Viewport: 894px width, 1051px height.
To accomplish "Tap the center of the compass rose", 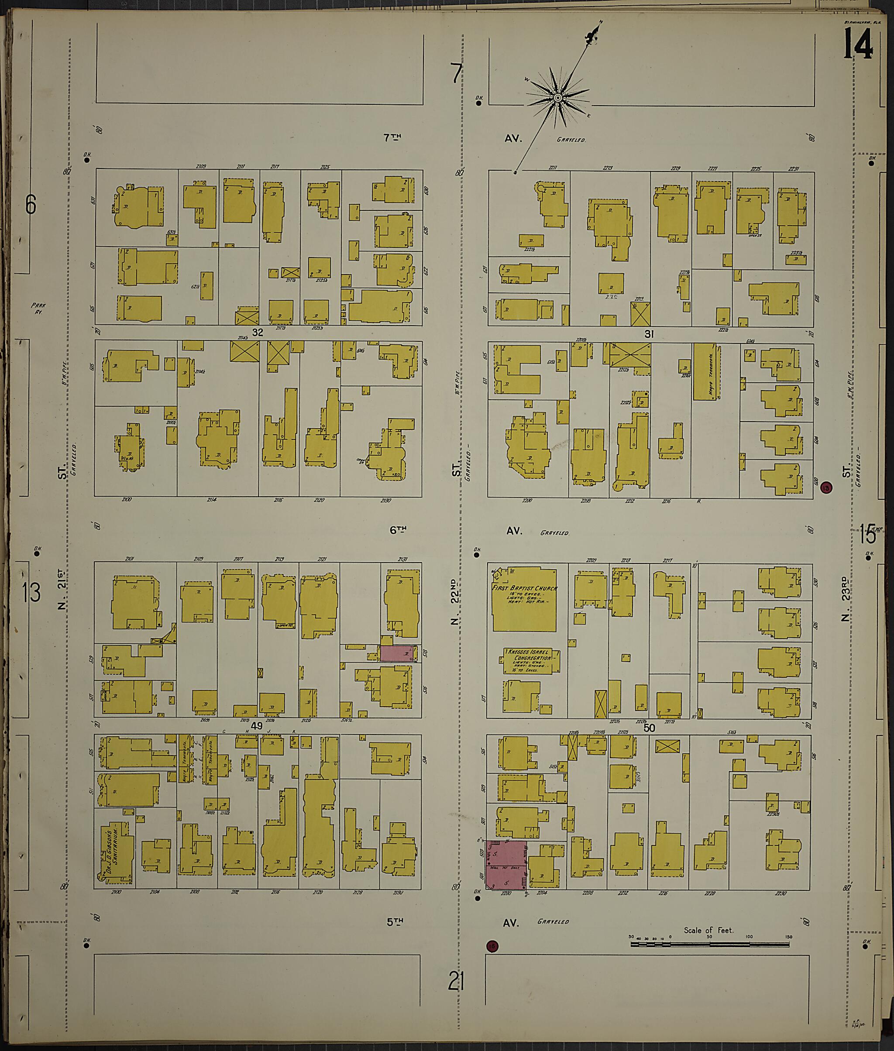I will (557, 98).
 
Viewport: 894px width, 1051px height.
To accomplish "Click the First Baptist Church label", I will (524, 588).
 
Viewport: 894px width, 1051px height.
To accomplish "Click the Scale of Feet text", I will (708, 931).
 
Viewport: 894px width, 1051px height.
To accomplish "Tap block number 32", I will (258, 333).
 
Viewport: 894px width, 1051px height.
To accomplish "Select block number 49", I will (257, 726).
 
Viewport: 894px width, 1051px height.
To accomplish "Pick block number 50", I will (649, 728).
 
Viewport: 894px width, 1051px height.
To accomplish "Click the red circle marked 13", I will (827, 488).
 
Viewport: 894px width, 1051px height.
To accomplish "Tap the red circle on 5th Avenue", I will (492, 946).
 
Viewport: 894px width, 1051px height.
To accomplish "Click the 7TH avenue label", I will (392, 137).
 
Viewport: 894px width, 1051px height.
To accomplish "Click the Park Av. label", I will (38, 309).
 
